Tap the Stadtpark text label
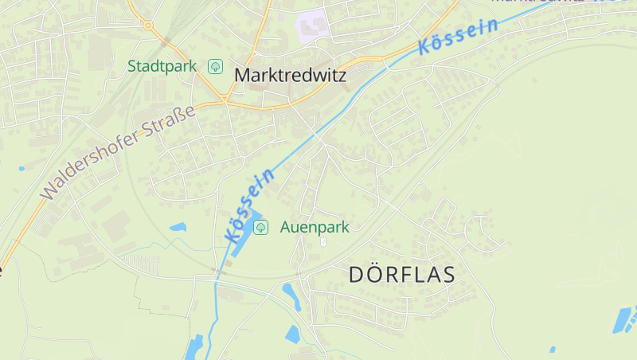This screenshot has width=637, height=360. click(x=162, y=66)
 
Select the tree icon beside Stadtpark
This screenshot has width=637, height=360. click(x=215, y=66)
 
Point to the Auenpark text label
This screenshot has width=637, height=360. click(x=315, y=227)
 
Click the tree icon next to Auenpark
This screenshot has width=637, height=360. click(x=260, y=227)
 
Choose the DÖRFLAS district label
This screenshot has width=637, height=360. click(x=402, y=275)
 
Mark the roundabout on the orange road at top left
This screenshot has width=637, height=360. click(x=148, y=25)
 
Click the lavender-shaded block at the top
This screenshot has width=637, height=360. click(x=313, y=23)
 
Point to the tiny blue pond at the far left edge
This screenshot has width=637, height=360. click(x=21, y=168)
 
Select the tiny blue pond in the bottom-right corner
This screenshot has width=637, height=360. click(x=553, y=349)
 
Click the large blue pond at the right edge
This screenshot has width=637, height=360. click(x=623, y=319)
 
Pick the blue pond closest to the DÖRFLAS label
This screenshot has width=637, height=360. click(x=292, y=296)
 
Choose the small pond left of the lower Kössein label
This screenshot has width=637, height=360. click(x=178, y=227)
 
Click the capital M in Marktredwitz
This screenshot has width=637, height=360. click(x=242, y=75)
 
